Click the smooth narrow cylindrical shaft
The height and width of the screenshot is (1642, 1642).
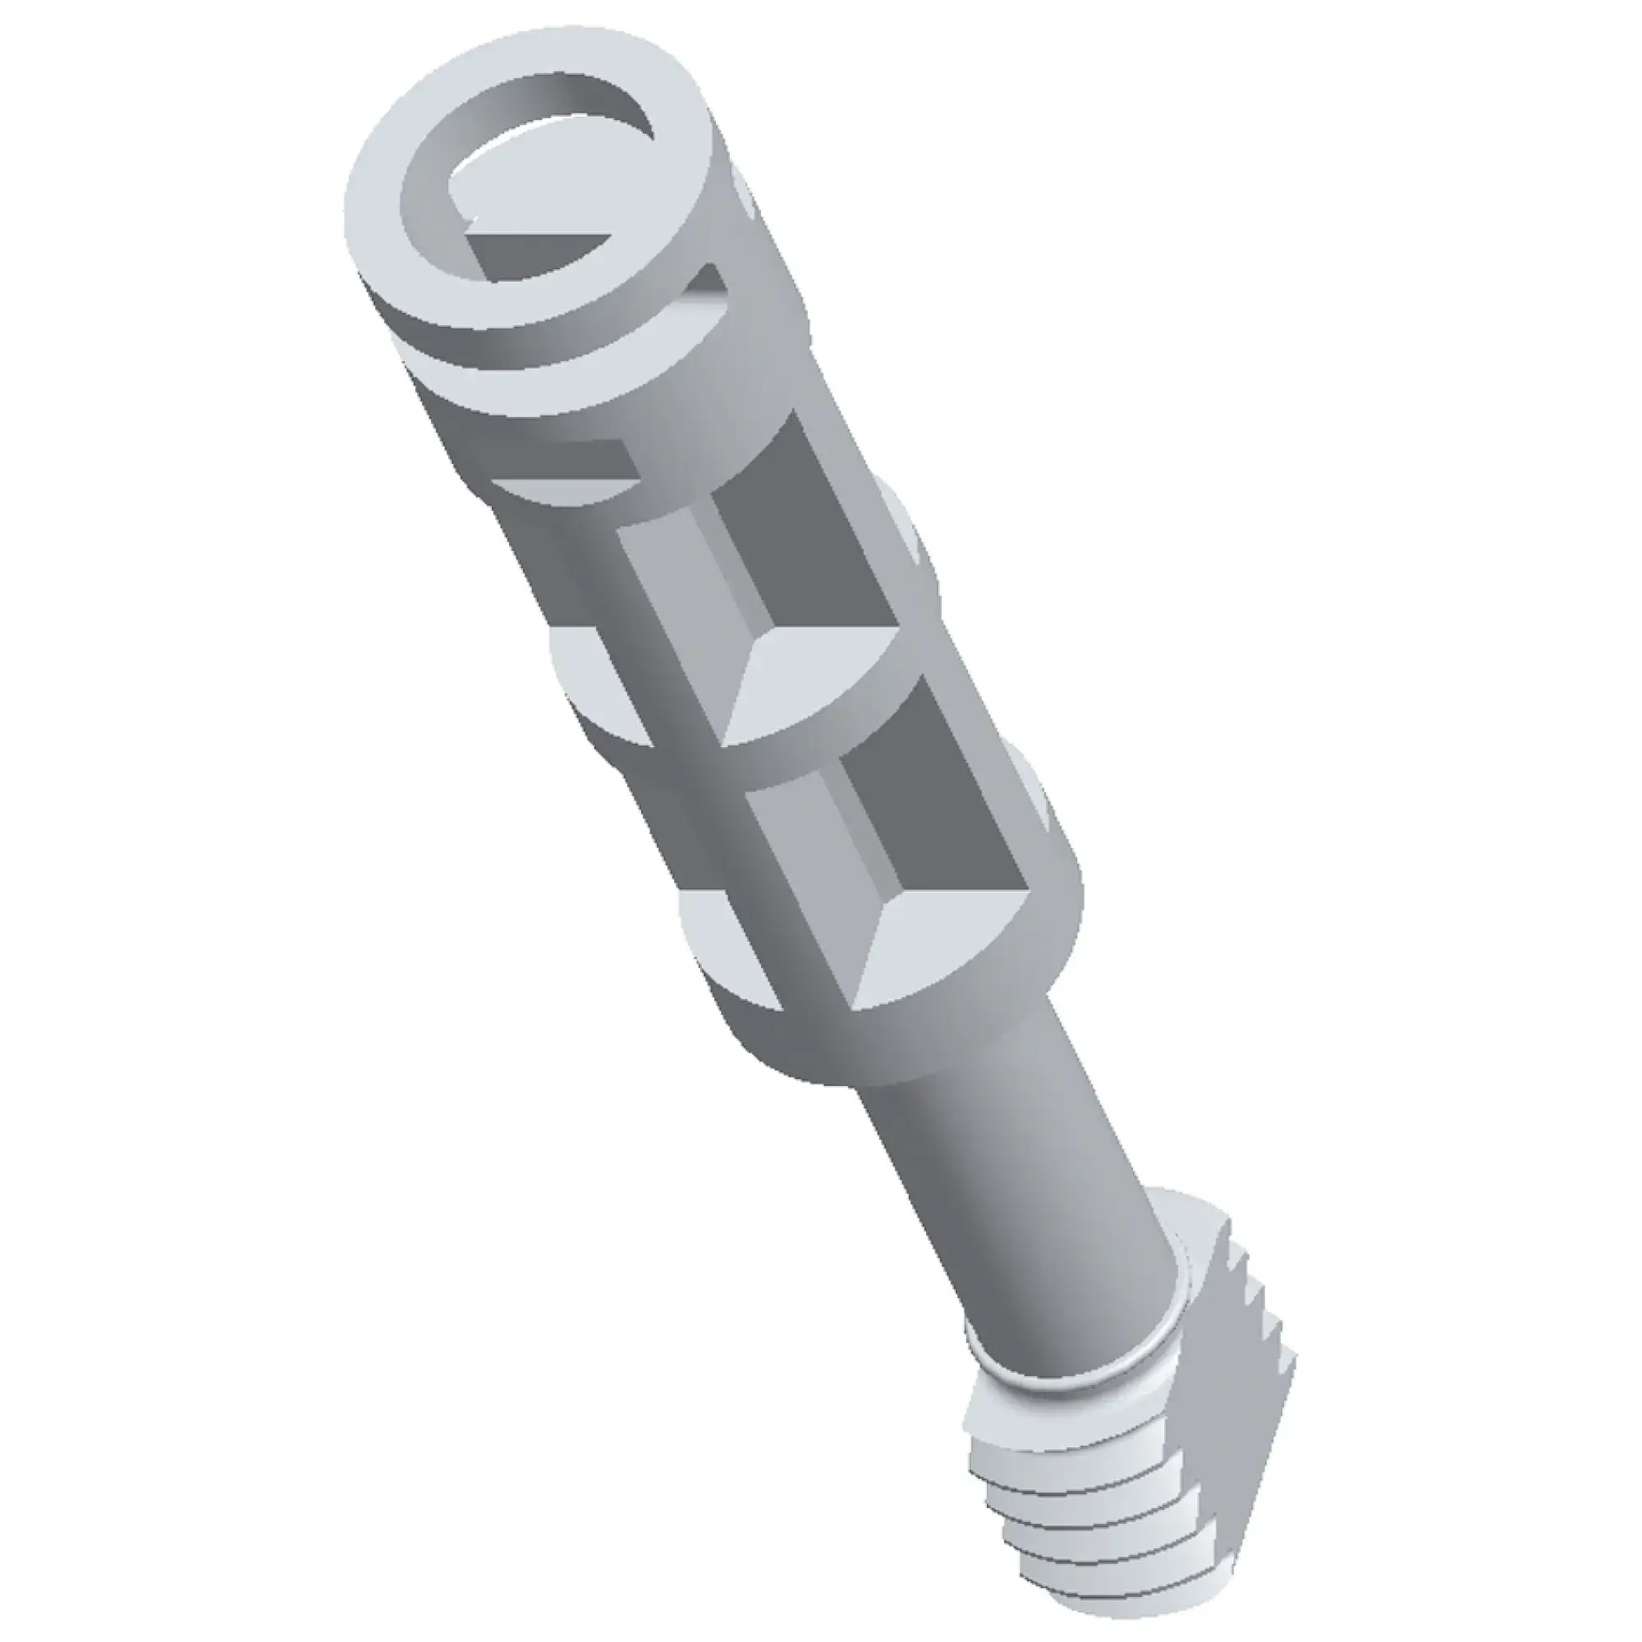click(x=1020, y=1207)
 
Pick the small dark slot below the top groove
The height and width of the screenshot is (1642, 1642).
click(x=586, y=459)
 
